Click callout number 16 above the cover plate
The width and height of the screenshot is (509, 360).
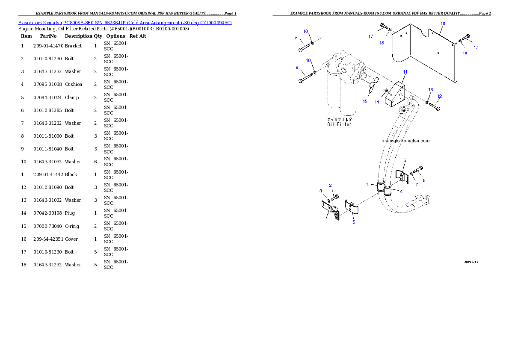coord(443,24)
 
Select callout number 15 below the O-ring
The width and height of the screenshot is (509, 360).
coord(365,102)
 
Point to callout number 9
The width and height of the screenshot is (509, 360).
coord(297,67)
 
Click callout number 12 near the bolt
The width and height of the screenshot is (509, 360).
coord(440,96)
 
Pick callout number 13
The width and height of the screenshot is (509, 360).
coord(431,90)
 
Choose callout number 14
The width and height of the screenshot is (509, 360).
coord(377,102)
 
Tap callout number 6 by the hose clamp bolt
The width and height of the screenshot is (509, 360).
coord(424,180)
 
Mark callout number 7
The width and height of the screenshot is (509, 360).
coord(416,184)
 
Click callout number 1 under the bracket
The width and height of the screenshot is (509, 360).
coord(324,222)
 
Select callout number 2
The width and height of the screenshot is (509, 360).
coord(330,185)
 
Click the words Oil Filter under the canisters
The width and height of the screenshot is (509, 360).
coord(339,124)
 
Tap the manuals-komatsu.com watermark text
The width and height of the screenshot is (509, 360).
coord(405,141)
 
